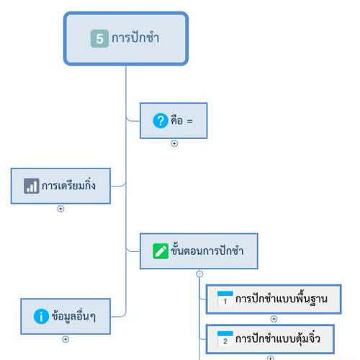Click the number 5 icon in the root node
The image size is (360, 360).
point(99,39)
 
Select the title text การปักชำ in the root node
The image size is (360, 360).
point(135,38)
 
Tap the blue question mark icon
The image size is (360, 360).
point(161,121)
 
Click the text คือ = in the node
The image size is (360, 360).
point(181,120)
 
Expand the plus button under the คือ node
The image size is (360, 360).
point(174,143)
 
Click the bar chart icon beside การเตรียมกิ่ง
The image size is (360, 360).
point(32,186)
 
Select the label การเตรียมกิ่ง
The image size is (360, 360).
point(68,185)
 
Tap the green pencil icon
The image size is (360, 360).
point(161,251)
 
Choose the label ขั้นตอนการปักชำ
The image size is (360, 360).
point(207,250)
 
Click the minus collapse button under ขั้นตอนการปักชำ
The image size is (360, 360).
point(199,274)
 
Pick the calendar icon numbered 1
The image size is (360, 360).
point(225,299)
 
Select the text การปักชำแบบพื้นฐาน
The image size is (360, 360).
point(282,299)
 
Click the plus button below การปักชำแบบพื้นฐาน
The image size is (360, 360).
point(274,319)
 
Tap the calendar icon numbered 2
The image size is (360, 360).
point(225,338)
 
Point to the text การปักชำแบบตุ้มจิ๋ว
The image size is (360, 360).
point(278,338)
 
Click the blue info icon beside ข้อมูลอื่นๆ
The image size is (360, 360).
point(41,316)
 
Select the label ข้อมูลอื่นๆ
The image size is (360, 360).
point(73,316)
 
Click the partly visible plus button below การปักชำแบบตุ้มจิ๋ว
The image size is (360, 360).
point(271,358)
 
